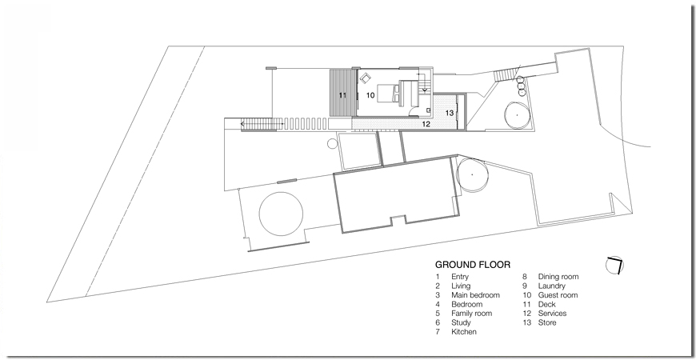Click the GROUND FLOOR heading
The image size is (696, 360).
click(472, 265)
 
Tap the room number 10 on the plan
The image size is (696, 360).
click(370, 95)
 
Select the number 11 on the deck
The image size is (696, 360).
click(342, 95)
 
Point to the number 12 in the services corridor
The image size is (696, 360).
click(426, 124)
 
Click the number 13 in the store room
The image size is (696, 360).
click(450, 113)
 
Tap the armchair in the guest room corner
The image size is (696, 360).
click(366, 78)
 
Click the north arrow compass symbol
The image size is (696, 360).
click(614, 265)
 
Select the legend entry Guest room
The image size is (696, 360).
click(558, 294)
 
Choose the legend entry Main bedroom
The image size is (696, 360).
click(475, 294)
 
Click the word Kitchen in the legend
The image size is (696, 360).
click(464, 331)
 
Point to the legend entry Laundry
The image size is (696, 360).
click(552, 286)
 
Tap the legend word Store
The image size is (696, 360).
click(547, 322)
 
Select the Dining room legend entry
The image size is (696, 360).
click(558, 277)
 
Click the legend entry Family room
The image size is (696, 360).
click(472, 314)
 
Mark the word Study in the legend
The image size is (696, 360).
click(461, 322)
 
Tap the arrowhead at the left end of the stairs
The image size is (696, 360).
click(242, 124)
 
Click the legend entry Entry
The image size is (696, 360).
click(460, 277)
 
